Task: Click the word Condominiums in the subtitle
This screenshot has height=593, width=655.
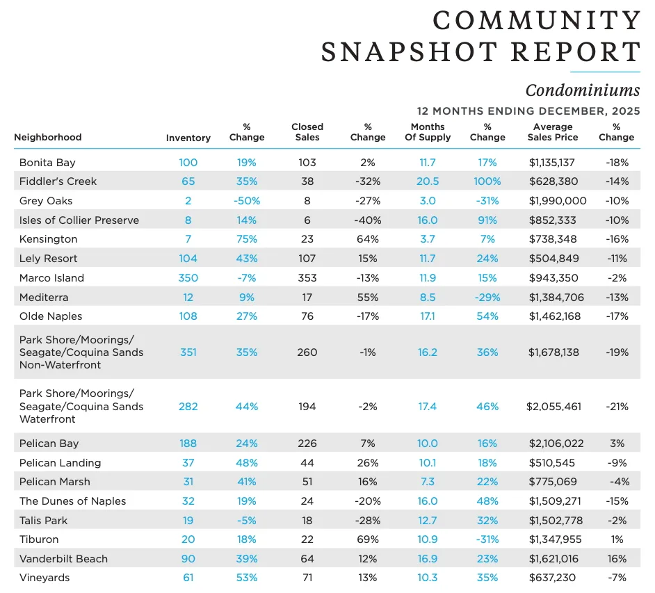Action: click(x=582, y=90)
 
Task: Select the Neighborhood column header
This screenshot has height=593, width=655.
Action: click(x=47, y=138)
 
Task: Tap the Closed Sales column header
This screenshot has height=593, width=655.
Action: click(x=307, y=132)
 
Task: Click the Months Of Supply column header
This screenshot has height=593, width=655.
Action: click(x=428, y=132)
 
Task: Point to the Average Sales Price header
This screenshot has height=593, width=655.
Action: click(x=553, y=132)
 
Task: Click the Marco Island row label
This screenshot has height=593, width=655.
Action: click(x=51, y=278)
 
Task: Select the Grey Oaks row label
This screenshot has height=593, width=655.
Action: click(x=46, y=201)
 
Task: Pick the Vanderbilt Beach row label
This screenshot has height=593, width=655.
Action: click(x=63, y=559)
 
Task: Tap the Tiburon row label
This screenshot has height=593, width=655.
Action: click(x=39, y=539)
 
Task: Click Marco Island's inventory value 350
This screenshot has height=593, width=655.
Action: click(x=188, y=278)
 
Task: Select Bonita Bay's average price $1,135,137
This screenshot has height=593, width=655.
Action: click(x=552, y=163)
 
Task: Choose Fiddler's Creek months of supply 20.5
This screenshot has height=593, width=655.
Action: click(x=428, y=181)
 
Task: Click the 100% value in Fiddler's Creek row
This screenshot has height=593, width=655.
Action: click(x=487, y=181)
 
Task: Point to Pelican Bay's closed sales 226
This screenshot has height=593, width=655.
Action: click(x=307, y=444)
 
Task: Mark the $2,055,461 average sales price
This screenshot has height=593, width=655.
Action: click(x=554, y=407)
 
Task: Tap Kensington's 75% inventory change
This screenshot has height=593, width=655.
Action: click(x=247, y=239)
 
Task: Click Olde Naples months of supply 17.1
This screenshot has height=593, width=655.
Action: click(x=428, y=316)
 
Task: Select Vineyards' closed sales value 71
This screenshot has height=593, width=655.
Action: click(x=307, y=578)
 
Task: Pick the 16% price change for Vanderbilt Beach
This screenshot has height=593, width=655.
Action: click(x=617, y=559)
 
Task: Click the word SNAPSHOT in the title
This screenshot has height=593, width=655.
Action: click(x=410, y=51)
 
